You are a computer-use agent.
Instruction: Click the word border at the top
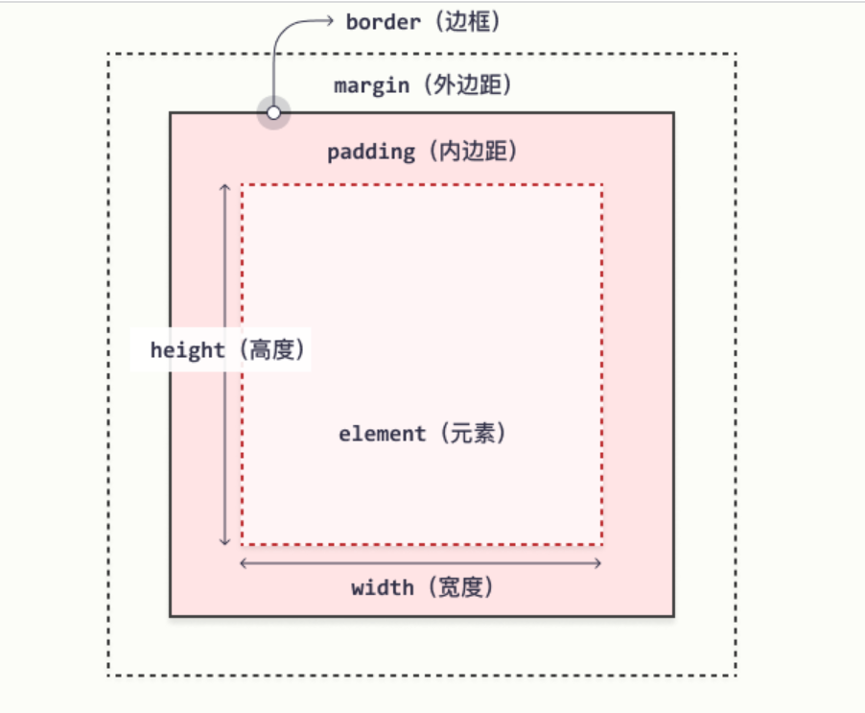point(383,21)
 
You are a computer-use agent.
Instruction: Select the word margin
point(371,85)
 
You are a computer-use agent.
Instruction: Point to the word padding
point(371,152)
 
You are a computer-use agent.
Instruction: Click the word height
point(187,350)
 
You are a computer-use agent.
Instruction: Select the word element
point(382,434)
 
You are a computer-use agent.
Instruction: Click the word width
point(382,587)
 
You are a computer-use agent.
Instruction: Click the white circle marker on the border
point(274,113)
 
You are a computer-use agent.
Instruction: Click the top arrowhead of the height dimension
point(225,186)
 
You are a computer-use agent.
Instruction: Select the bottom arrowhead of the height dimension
point(225,542)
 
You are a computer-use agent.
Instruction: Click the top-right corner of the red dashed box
point(602,184)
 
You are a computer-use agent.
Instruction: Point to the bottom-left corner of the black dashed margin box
point(108,675)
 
